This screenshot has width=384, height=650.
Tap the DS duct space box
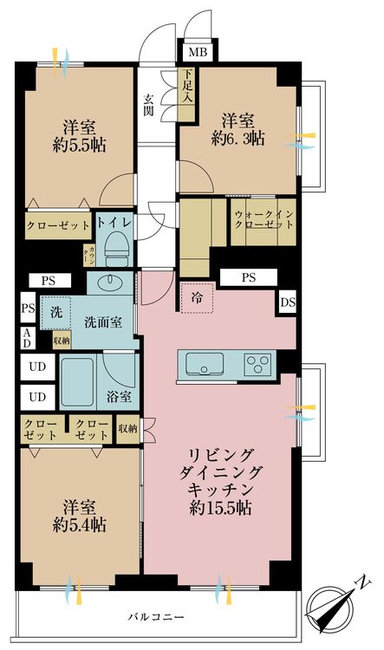287,302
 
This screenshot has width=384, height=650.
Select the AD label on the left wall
29,337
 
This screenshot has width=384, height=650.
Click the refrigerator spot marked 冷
196,297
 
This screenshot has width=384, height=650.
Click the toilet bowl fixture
114,252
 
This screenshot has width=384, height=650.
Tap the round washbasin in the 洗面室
110,283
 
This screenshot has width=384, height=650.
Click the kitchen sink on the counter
204,362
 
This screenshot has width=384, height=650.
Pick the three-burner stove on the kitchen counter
257,361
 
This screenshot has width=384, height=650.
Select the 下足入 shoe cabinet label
186,88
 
